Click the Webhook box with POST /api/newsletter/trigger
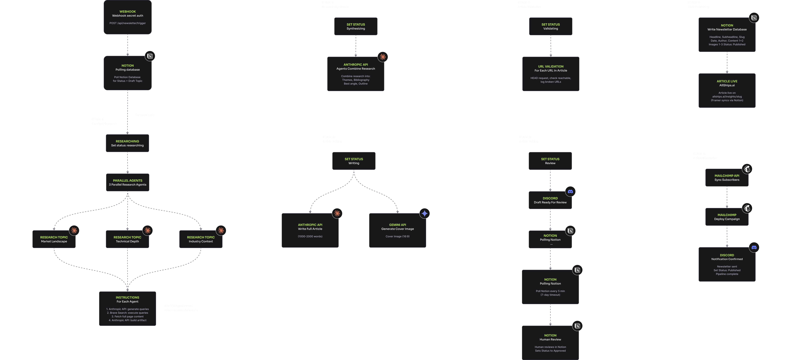tap(128, 17)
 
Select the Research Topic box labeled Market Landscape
tap(54, 239)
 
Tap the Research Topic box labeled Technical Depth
tap(127, 239)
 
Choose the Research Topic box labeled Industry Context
tap(201, 239)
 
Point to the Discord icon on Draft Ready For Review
tap(570, 192)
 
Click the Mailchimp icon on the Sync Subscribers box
tap(747, 169)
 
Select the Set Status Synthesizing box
tap(356, 26)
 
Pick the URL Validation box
tap(551, 74)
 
